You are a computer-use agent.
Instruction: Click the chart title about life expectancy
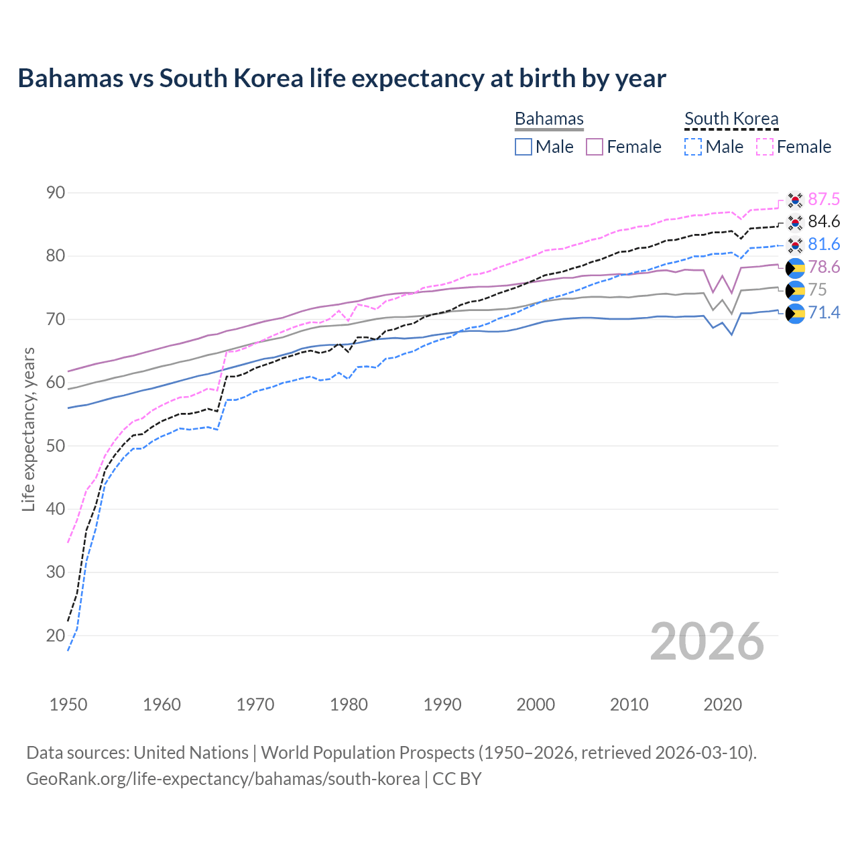(342, 78)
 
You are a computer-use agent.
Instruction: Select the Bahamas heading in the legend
(549, 119)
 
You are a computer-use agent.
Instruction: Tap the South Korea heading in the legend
(731, 119)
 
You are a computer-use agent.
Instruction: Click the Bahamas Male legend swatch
(524, 147)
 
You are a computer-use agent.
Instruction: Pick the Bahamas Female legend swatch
(595, 147)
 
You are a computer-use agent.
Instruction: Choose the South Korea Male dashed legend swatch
(693, 147)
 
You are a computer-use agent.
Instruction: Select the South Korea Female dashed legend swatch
(765, 147)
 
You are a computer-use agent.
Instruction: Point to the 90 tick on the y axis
(56, 193)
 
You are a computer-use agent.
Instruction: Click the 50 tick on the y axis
(56, 446)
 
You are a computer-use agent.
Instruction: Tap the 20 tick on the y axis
(56, 635)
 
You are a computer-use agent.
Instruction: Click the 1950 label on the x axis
(68, 704)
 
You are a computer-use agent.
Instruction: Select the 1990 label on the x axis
(442, 704)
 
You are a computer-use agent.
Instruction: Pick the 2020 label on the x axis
(723, 704)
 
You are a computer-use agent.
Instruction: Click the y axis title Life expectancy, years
(28, 429)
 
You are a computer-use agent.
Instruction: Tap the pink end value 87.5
(824, 199)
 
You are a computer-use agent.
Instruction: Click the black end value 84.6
(824, 222)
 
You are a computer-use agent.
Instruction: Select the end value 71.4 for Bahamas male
(824, 312)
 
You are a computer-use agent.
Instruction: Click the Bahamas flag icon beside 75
(795, 290)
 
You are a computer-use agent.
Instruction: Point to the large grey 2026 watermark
(707, 641)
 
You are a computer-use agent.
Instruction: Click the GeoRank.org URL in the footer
(223, 779)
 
